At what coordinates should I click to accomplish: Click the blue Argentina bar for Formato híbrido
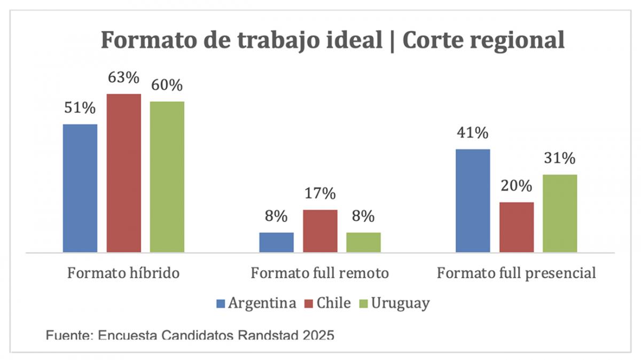(x=80, y=188)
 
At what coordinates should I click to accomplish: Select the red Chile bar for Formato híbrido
(x=123, y=173)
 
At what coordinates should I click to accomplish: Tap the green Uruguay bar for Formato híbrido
(x=167, y=177)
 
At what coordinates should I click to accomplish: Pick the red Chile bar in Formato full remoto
(x=320, y=231)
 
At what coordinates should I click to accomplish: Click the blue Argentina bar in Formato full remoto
(x=276, y=242)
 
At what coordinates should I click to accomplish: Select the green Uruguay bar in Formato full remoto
(x=363, y=242)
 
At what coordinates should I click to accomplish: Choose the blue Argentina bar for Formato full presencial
(x=472, y=200)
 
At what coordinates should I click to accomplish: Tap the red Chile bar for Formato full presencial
(x=516, y=227)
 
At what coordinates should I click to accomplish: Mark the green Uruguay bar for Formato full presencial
(x=560, y=213)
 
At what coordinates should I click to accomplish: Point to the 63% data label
(x=123, y=78)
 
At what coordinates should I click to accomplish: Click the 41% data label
(x=472, y=133)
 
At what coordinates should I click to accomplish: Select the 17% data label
(x=320, y=193)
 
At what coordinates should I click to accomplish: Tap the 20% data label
(x=516, y=186)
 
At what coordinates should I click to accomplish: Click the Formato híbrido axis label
(x=123, y=273)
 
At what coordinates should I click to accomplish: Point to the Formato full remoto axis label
(x=320, y=273)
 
